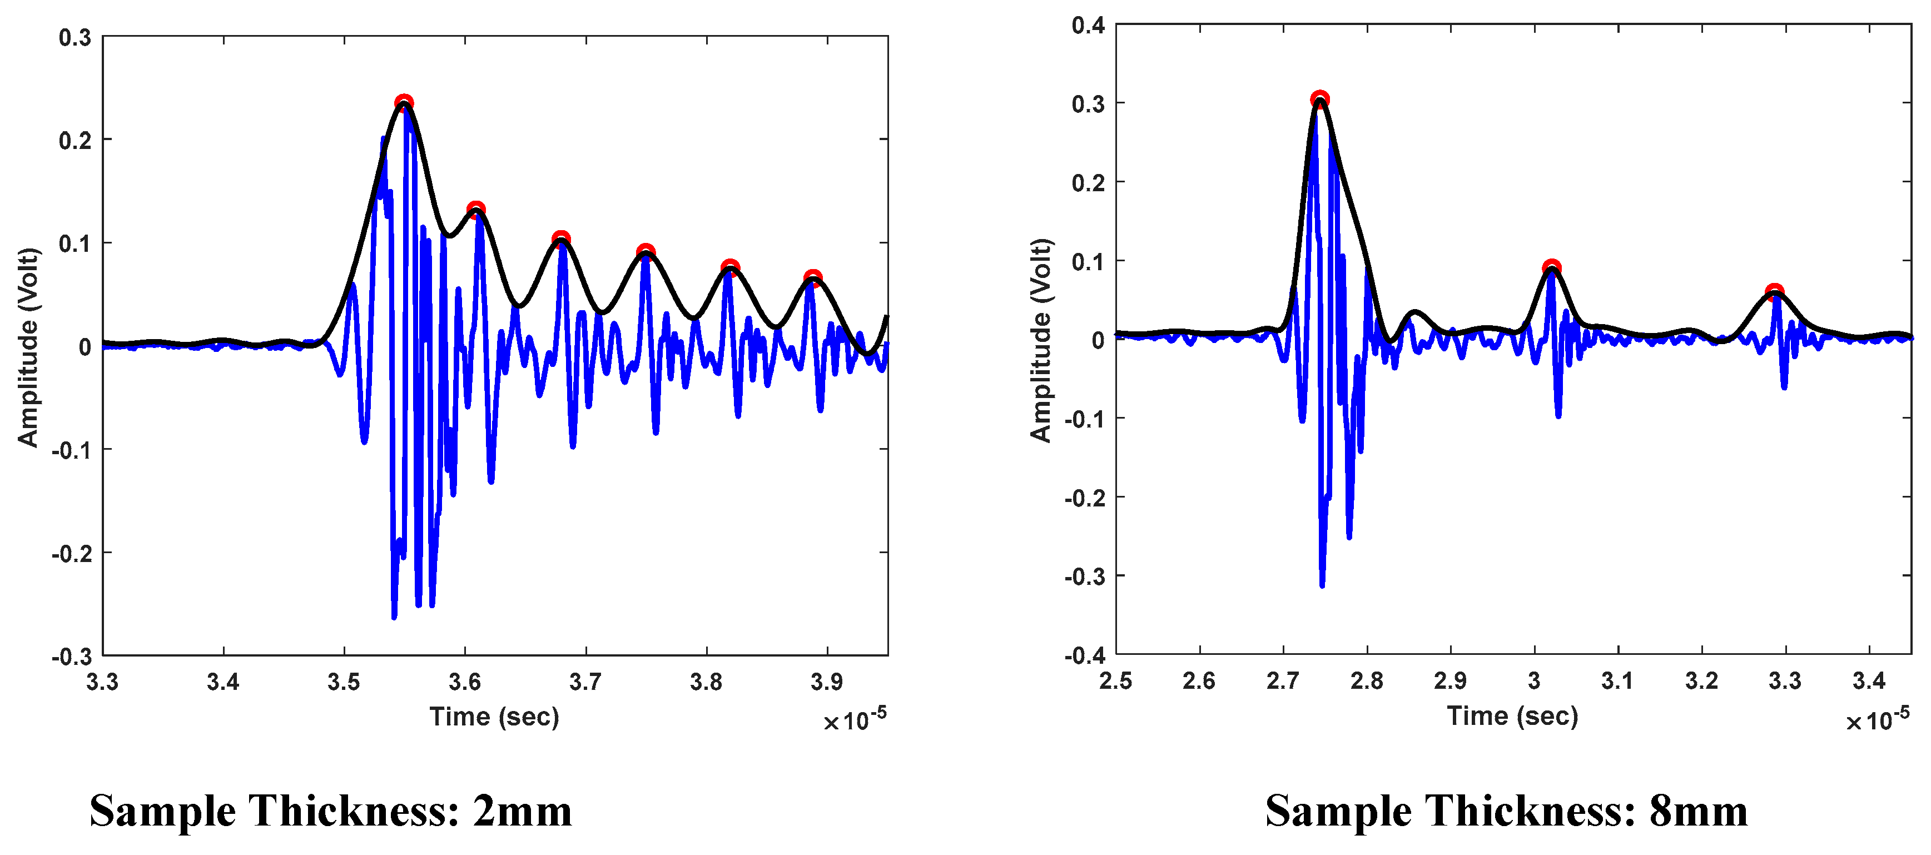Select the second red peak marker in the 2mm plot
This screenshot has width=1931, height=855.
click(475, 210)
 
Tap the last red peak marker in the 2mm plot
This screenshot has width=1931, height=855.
click(812, 279)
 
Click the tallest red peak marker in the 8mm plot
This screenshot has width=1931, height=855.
click(1320, 100)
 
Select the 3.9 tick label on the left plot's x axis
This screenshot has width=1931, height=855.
click(827, 682)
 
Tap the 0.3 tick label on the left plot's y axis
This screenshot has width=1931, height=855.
click(75, 37)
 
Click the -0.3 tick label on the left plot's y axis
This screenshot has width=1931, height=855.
click(71, 657)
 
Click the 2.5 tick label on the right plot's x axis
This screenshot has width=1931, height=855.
click(1115, 681)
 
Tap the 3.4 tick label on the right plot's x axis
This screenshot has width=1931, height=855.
click(1869, 681)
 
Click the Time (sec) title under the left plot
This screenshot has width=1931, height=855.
click(494, 717)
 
